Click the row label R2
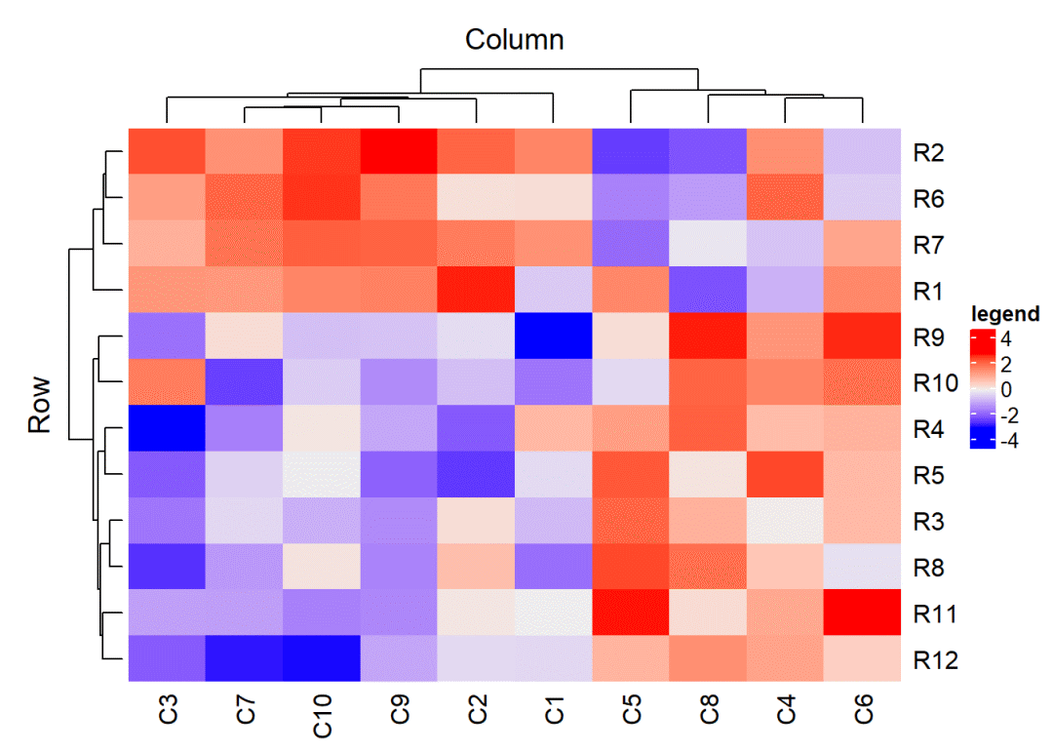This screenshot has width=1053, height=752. click(930, 152)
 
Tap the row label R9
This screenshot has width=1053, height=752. click(930, 337)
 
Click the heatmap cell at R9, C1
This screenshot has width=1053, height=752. click(554, 336)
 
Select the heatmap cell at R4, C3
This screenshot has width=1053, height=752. click(166, 428)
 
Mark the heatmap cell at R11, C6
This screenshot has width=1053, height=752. click(863, 613)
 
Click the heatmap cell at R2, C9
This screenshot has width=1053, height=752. click(399, 152)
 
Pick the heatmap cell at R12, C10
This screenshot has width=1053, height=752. click(322, 658)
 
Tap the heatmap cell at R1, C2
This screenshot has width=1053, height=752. click(476, 291)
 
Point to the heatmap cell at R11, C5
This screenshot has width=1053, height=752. click(631, 613)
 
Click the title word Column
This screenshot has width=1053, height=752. click(514, 40)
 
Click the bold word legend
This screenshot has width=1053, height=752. click(1005, 314)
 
